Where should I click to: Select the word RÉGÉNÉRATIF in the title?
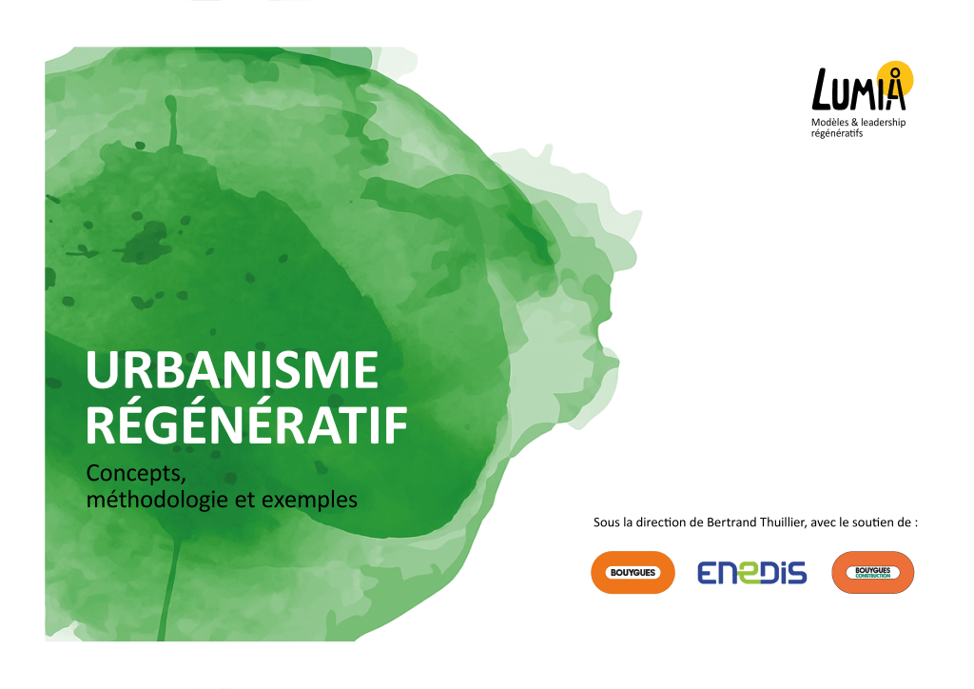click(246, 427)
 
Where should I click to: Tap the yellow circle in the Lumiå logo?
click(895, 76)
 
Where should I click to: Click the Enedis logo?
click(751, 572)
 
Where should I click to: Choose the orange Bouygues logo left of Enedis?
click(633, 572)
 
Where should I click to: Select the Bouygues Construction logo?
click(872, 572)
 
